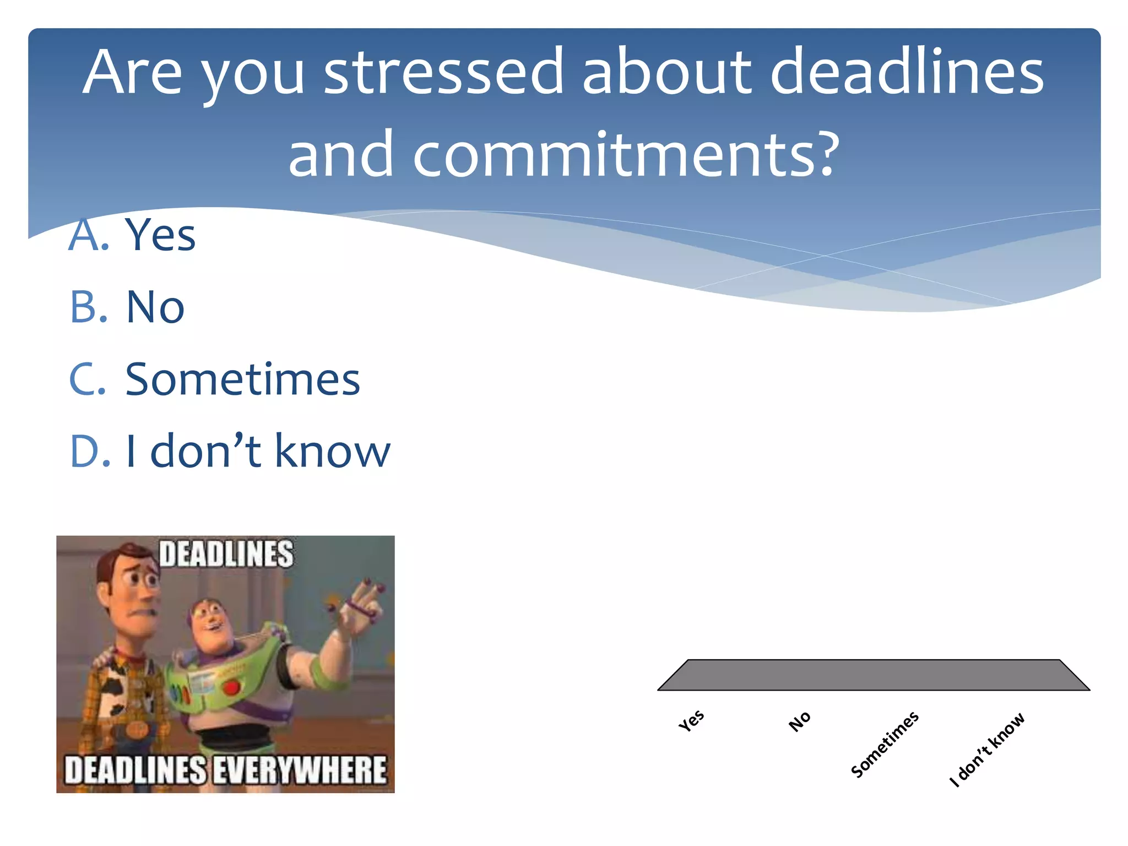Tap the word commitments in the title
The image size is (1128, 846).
(625, 155)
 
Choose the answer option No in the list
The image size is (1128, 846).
(155, 307)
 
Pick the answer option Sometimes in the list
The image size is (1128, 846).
(242, 379)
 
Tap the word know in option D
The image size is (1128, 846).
(332, 452)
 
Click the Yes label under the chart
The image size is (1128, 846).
(691, 720)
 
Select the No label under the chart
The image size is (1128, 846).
(799, 721)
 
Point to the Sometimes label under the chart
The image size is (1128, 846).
(885, 744)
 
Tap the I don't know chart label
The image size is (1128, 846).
(987, 749)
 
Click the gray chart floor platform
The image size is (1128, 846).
(874, 675)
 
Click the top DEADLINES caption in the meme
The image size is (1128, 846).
(226, 554)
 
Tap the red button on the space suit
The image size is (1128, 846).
(232, 687)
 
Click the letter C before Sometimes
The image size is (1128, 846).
(86, 379)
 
